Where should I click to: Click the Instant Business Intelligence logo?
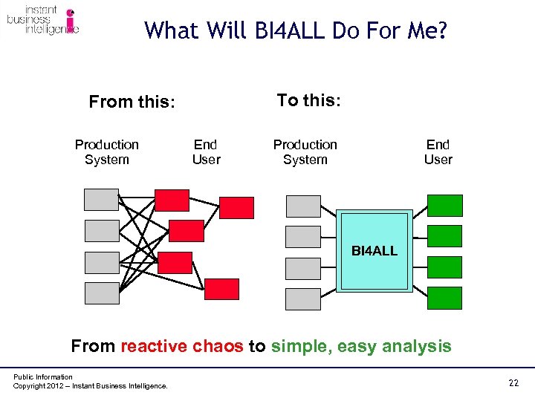coord(42,21)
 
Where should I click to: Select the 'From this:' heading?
coord(132,102)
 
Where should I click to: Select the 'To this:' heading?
coord(308,100)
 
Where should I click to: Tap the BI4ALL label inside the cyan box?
coord(374,251)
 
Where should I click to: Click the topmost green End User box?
coord(444,206)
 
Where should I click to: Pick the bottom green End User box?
coord(444,298)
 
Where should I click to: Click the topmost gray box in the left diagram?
coord(102,200)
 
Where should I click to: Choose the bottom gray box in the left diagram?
coord(102,293)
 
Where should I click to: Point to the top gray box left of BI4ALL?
coord(303,206)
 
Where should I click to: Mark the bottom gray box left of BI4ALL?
coord(303,299)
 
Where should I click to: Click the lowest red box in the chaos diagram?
coord(221,289)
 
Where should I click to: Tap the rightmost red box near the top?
coord(236,207)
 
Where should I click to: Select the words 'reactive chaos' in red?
coord(181,346)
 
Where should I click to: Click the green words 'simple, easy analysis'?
coord(361,346)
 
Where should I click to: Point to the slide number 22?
coord(513,382)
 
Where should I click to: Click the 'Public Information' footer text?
coord(43,377)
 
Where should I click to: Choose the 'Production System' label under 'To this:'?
coord(305,151)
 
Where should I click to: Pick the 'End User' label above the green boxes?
coord(438,151)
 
